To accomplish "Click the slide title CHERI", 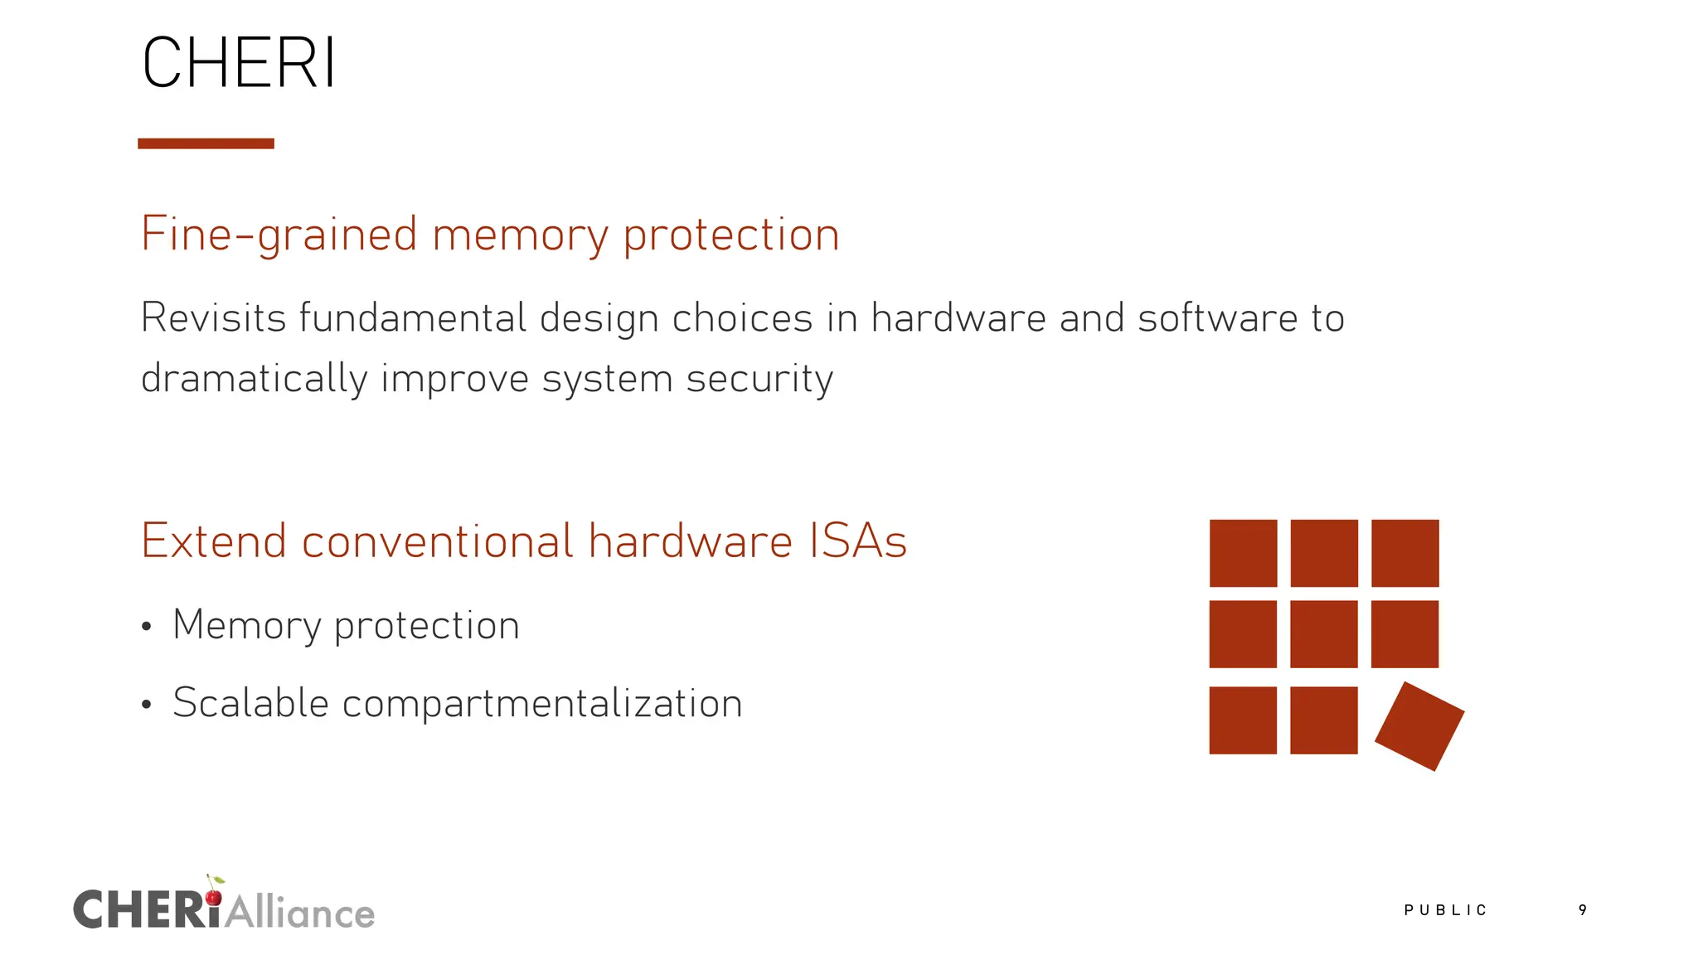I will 239,63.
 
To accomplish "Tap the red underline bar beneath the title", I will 206,143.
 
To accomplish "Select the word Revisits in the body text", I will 212,318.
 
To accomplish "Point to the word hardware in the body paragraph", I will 958,318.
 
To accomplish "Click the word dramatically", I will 254,379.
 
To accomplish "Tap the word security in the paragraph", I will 759,379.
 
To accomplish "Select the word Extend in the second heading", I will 214,541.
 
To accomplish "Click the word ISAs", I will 857,541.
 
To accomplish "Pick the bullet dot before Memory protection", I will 147,627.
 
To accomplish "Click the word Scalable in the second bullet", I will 250,703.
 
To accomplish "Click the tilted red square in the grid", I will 1419,726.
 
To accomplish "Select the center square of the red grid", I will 1324,634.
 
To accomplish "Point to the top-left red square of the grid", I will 1243,553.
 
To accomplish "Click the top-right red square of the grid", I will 1405,553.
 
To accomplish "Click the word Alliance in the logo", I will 300,913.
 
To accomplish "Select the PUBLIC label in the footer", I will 1445,910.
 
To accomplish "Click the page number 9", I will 1583,910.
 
